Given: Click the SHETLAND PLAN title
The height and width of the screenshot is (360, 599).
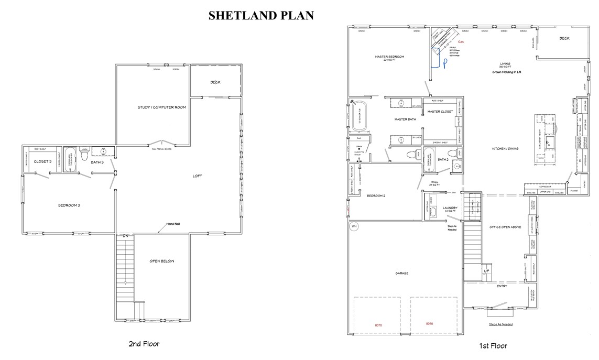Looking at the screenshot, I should (x=261, y=16).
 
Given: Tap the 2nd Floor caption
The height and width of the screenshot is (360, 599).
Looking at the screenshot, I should (x=144, y=344).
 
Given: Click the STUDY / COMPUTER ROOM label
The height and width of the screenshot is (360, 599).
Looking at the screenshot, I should (x=162, y=107).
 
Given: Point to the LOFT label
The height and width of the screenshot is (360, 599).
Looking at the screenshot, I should (x=197, y=176).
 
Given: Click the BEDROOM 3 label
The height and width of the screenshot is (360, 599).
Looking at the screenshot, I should (x=69, y=205).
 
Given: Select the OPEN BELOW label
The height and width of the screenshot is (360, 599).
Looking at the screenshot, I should (x=161, y=261).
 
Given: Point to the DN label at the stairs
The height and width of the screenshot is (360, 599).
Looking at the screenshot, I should (x=125, y=236).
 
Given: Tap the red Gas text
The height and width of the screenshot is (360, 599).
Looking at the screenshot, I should (x=461, y=41).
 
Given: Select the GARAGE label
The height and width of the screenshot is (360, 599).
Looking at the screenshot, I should (x=401, y=273).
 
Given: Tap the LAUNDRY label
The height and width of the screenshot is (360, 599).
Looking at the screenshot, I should (x=450, y=208).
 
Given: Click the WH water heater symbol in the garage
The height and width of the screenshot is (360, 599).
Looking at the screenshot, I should (x=354, y=226).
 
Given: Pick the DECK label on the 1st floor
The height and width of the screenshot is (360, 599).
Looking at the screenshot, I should (x=564, y=38).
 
